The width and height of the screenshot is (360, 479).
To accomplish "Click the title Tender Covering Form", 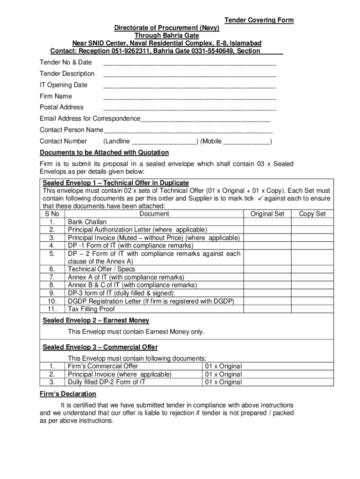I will coord(259,20).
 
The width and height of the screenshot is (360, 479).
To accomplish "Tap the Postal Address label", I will coord(62,107).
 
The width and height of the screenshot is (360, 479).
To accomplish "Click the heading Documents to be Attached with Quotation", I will coord(104,152).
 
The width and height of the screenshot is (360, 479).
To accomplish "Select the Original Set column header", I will coord(267,214).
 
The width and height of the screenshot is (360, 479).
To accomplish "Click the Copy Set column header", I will coord(312,214).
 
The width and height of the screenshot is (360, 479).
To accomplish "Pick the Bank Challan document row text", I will coord(87,222).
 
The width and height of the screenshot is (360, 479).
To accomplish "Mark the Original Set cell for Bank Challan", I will coord(267,222).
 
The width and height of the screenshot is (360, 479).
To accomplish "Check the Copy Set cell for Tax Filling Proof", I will coord(312,309).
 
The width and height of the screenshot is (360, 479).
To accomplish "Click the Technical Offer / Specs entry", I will coord(101,269).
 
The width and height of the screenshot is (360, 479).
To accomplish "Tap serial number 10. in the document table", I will coord(53,301).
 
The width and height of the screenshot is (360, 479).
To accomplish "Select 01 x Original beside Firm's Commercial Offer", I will coord(223,366).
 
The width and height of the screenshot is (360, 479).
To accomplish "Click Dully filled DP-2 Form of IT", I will coord(107,382).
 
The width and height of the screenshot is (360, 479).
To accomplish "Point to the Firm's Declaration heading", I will coord(68,394).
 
